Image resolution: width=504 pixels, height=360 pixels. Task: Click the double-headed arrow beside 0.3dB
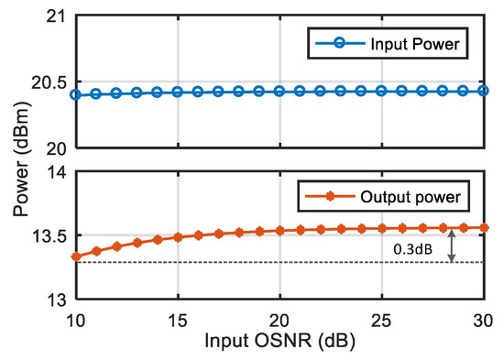pos(452,245)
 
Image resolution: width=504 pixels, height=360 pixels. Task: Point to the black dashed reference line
pos(275,263)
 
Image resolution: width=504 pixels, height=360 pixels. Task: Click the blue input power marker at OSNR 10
pos(76,94)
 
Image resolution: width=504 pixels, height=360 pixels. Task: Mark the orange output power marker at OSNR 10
pos(76,256)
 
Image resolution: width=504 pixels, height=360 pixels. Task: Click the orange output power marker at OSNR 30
pos(485,227)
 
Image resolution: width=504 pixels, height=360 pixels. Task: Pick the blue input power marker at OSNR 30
pos(485,91)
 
